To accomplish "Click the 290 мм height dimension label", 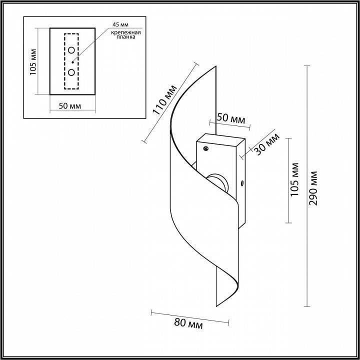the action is (313, 188).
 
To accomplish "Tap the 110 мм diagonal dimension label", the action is (164, 99).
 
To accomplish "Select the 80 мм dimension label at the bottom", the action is (188, 324).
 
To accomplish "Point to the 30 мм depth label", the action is (267, 144).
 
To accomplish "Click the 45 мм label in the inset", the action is (120, 24).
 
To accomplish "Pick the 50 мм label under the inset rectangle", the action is (70, 106).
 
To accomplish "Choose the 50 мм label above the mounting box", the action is (231, 118).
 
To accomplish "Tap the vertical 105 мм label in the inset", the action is (33, 62).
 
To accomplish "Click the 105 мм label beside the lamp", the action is (294, 179).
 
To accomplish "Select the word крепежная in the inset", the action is (126, 32).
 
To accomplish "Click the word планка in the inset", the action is (126, 37).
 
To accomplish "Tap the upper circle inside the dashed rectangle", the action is (71, 50).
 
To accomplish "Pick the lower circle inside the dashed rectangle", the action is (71, 72).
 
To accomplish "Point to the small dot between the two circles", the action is (73, 62).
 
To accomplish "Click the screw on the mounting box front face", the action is (206, 148).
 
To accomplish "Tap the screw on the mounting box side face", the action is (242, 183).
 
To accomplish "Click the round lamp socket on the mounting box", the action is (217, 183).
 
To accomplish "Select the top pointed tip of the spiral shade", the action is (216, 66).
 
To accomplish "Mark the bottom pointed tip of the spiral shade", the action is (216, 306).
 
